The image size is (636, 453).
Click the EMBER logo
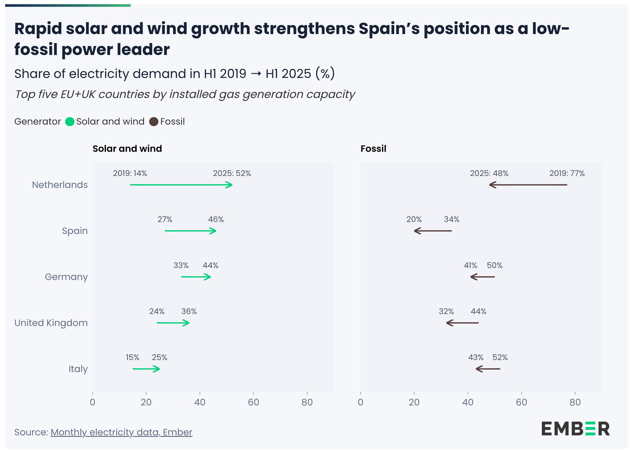(575, 429)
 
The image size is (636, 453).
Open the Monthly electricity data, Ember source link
(121, 432)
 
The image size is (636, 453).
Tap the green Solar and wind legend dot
(70, 122)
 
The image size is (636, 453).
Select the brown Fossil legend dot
(154, 122)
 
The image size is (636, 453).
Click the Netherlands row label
(60, 185)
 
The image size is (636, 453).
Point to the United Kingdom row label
(51, 323)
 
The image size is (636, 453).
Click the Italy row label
(78, 369)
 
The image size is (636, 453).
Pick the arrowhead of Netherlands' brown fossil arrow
(492, 185)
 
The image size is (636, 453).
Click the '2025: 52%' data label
(232, 173)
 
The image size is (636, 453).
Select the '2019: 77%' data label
(567, 173)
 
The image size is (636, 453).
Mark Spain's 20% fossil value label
(414, 219)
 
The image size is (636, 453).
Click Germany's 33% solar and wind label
(181, 265)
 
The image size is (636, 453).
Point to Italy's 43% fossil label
(476, 357)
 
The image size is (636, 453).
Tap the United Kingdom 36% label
(189, 311)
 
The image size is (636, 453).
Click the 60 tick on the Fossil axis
(522, 402)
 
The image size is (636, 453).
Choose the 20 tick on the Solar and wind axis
(146, 402)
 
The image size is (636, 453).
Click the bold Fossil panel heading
(373, 149)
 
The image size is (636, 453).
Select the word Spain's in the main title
(389, 29)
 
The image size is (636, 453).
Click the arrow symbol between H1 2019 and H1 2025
(256, 74)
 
